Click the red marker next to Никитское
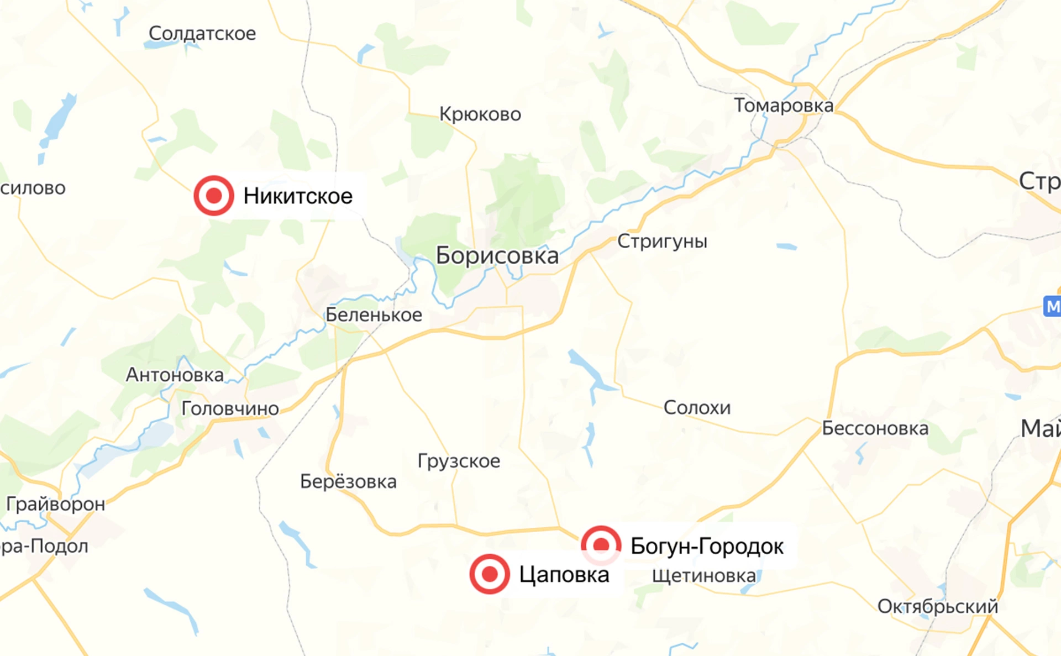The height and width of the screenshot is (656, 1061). pos(214,196)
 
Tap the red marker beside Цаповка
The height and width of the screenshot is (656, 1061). pos(490,574)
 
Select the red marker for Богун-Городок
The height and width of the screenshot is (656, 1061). pos(601,545)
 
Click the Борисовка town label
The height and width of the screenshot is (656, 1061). pos(497,256)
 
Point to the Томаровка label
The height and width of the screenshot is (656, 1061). pos(783,106)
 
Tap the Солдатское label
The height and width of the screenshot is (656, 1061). pos(202,34)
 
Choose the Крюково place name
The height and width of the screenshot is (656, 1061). pos(480,114)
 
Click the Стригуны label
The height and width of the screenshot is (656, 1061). pos(662,242)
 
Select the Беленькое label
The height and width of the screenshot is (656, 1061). pos(374,315)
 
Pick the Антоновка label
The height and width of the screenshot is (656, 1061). pos(175,375)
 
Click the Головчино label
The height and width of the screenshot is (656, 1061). pos(230,409)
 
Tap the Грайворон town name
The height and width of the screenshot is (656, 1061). pos(55,504)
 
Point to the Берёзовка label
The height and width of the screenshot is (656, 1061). pos(348,482)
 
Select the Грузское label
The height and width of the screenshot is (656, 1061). pos(459,461)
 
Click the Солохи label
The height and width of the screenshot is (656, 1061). pos(697,408)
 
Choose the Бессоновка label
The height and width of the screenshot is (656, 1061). pos(875,428)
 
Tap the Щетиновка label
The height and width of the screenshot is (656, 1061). pos(703,576)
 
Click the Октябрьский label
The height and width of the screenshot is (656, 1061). pos(938,606)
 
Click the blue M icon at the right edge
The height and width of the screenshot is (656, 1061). pos(1053,306)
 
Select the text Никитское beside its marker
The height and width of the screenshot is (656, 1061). pos(298,196)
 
